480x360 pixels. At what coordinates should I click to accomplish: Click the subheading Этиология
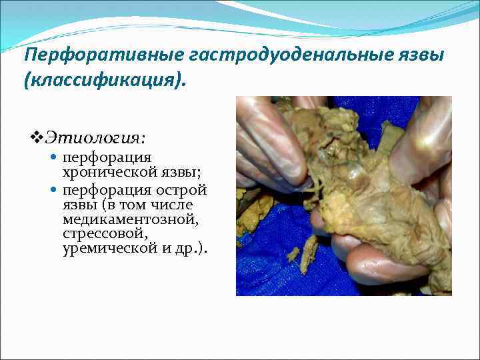pos(95,137)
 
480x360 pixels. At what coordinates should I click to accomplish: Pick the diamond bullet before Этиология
pos(37,138)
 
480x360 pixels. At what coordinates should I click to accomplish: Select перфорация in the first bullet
pos(107,158)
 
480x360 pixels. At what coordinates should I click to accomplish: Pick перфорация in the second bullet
pos(107,190)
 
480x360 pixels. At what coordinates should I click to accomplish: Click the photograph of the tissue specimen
pos(343,196)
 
